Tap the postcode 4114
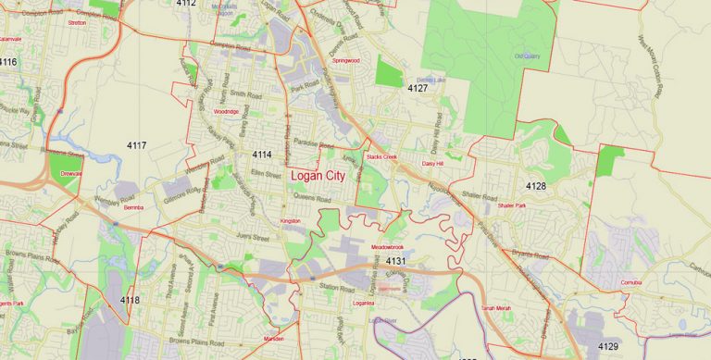click(x=262, y=155)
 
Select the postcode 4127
click(x=418, y=89)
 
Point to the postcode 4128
click(x=536, y=187)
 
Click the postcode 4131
click(x=397, y=263)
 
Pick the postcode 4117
click(x=137, y=145)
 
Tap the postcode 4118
click(x=130, y=300)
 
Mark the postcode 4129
click(x=608, y=346)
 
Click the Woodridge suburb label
click(x=226, y=111)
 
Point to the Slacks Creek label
click(x=381, y=158)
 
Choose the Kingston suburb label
click(x=291, y=221)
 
